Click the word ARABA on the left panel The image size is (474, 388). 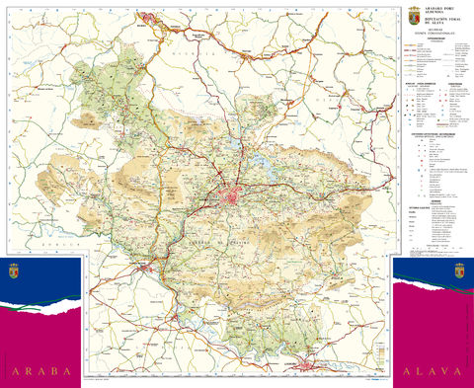[x=41, y=371]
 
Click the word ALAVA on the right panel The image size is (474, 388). [x=433, y=371]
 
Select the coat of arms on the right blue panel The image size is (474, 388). [x=458, y=271]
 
